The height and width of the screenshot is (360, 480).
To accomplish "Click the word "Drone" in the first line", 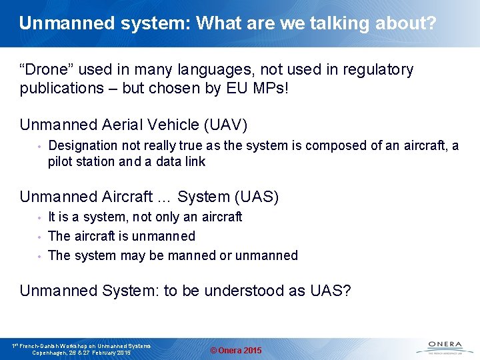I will click(47, 70).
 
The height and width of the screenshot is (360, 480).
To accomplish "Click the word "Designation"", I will click(83, 145).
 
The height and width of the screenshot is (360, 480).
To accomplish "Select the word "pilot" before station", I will click(61, 161).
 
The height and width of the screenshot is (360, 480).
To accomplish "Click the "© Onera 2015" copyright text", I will click(236, 351).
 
